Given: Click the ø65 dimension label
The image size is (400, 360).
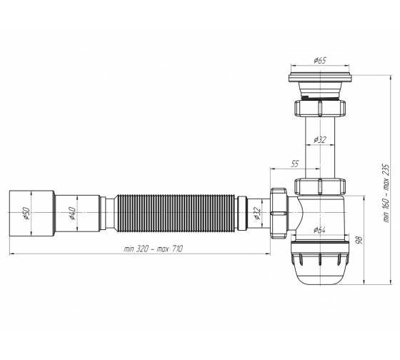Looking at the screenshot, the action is [x=320, y=61].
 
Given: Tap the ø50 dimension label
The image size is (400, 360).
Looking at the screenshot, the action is [x=26, y=214].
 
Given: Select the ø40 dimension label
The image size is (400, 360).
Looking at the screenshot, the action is [x=72, y=214].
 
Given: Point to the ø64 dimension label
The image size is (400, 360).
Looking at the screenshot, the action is [x=319, y=230].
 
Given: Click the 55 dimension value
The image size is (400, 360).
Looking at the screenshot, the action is [x=294, y=164].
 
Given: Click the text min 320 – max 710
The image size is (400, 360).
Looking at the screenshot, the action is [x=154, y=249].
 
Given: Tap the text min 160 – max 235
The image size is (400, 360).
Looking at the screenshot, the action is [x=386, y=193].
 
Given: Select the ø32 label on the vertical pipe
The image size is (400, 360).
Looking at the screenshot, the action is [x=320, y=140].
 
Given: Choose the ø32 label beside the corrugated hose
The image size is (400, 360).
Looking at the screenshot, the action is [x=257, y=214].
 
